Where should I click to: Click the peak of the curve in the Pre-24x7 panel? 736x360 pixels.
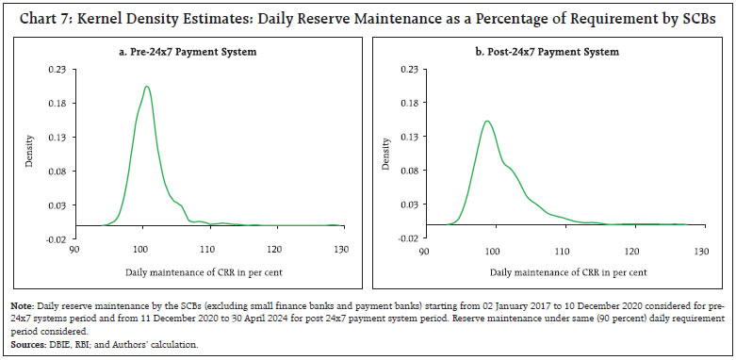(146, 87)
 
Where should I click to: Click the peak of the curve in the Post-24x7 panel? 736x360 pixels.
(486, 121)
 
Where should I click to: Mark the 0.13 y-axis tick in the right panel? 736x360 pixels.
(409, 137)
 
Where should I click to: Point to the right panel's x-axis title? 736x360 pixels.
(563, 272)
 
